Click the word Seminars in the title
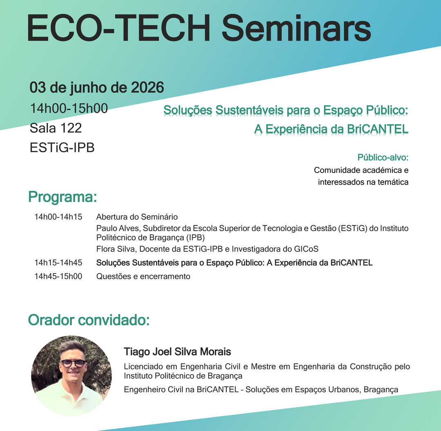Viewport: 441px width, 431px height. click(296, 29)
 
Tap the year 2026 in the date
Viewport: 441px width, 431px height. click(147, 87)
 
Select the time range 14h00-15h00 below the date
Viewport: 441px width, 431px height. click(69, 108)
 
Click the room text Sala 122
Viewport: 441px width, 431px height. click(56, 128)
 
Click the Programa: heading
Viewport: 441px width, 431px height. click(62, 197)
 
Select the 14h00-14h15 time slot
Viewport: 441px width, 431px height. click(58, 217)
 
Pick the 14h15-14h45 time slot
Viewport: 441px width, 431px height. click(58, 262)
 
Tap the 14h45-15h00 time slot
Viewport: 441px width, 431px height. click(58, 276)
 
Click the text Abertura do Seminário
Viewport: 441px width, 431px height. click(137, 217)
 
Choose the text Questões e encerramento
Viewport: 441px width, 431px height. click(143, 276)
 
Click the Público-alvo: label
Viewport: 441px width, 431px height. click(383, 158)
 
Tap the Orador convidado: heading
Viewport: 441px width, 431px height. click(89, 320)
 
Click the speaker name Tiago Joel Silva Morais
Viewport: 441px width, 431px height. click(178, 352)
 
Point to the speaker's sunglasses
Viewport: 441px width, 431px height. click(73, 364)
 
